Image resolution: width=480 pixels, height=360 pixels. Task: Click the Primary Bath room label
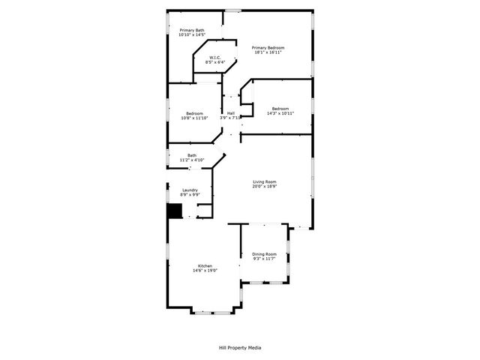tap(191, 31)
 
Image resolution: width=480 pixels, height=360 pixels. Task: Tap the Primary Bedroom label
tap(268, 47)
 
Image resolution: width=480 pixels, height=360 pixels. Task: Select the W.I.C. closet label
tap(214, 58)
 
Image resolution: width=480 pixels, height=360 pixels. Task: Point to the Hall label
tap(230, 113)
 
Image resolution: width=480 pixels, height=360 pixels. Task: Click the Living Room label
tap(265, 182)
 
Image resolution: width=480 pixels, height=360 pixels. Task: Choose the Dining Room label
tap(264, 254)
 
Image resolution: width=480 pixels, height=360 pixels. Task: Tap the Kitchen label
tap(205, 266)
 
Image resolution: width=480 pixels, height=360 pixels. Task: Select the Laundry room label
tap(190, 190)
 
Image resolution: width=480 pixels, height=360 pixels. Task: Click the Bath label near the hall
tap(192, 155)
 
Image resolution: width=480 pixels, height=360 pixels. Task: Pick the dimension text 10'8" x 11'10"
tap(194, 118)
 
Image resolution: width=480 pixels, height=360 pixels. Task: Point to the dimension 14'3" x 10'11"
tap(280, 113)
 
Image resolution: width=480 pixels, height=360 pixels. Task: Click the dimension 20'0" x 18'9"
tap(265, 187)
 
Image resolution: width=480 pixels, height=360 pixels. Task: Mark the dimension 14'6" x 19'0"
tap(205, 271)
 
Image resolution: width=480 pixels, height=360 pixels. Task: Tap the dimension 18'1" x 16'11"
tap(268, 52)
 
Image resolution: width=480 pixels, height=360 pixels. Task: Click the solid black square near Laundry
tap(174, 211)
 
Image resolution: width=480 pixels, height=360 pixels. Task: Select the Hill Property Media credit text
tap(240, 348)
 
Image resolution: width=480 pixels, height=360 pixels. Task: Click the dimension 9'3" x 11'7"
tap(264, 259)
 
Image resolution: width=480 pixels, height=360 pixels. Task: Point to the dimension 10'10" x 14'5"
tap(191, 35)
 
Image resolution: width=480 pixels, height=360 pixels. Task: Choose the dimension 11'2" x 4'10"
tap(192, 160)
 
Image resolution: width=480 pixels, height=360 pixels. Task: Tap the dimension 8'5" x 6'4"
tap(214, 62)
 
